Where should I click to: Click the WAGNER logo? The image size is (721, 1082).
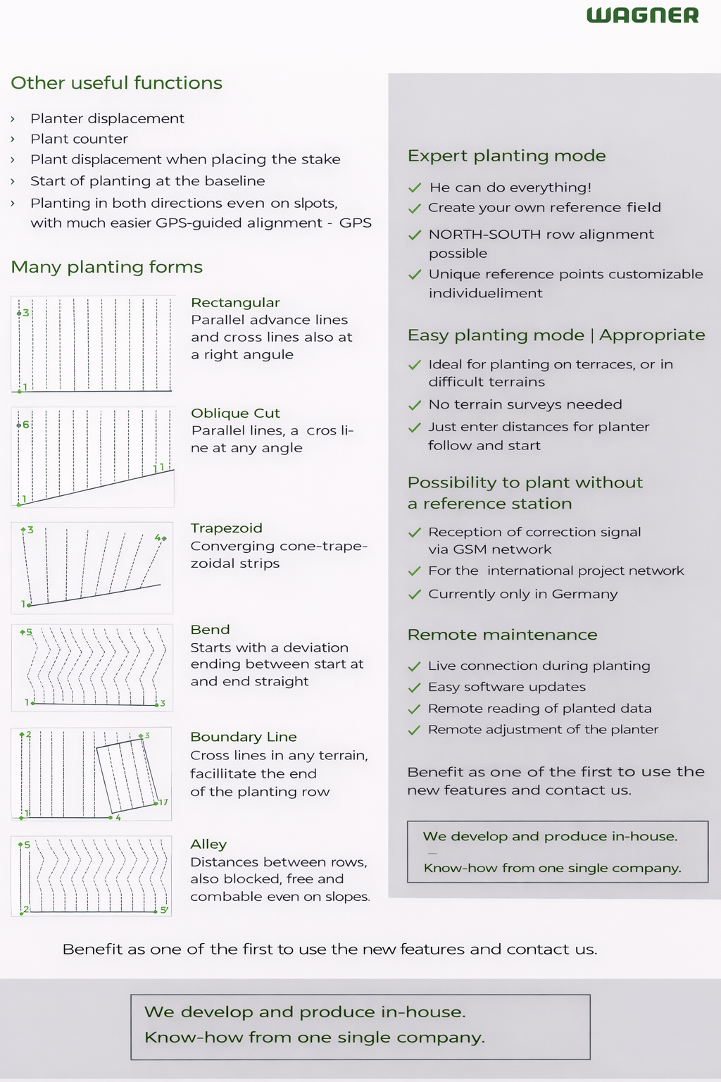(642, 15)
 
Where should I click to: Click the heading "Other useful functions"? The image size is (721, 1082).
(116, 83)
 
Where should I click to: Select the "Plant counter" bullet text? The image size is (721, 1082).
(79, 139)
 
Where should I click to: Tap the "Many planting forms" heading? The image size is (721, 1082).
(106, 267)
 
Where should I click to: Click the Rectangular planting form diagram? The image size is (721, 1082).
(93, 344)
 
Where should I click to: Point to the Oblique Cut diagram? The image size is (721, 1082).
(93, 457)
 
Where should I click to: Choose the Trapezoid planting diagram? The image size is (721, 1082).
(92, 568)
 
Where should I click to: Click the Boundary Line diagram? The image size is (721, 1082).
(92, 773)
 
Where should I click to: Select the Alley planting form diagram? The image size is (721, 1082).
(92, 876)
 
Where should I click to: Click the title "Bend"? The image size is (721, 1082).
(210, 630)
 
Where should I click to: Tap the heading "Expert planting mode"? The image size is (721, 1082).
(506, 156)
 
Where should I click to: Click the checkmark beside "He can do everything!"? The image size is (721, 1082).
(415, 187)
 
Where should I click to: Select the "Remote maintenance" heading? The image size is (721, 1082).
(502, 635)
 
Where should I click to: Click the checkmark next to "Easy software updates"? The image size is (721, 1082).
(414, 688)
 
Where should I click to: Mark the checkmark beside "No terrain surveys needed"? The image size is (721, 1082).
(415, 405)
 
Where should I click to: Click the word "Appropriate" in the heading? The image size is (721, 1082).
(652, 335)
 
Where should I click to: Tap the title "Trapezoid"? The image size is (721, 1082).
(226, 528)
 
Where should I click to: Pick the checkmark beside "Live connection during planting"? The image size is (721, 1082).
(414, 666)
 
